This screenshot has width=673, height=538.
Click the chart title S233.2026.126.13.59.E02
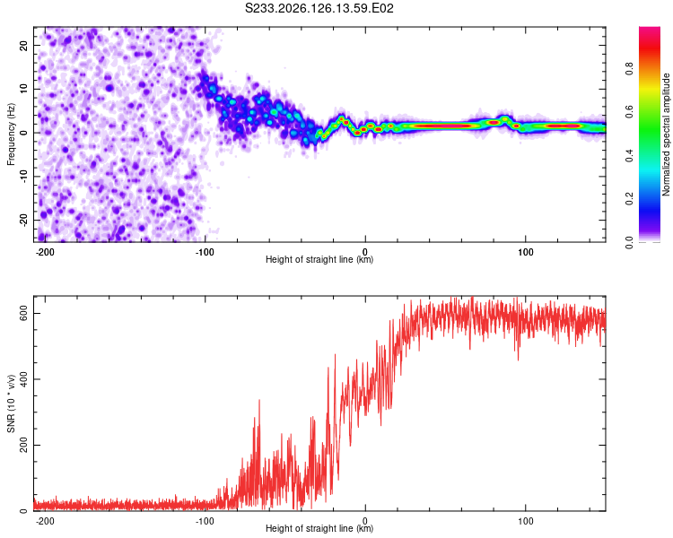click(319, 8)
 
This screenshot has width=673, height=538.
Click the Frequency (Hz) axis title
click(11, 134)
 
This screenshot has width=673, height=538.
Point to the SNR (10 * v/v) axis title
click(11, 403)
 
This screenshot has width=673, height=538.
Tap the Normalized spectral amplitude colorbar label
click(666, 134)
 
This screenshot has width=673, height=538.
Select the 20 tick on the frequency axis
click(23, 45)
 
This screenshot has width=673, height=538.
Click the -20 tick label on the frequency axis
click(23, 221)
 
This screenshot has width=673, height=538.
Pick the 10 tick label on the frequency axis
click(23, 89)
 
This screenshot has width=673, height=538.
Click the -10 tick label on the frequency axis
click(23, 177)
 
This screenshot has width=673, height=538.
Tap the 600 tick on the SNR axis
click(23, 314)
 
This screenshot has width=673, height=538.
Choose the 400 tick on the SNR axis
click(23, 379)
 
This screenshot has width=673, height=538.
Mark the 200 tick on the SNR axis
click(23, 446)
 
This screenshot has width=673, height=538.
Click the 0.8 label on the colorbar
click(629, 69)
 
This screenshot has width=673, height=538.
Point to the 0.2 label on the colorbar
click(629, 199)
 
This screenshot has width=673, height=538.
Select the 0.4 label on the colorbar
click(629, 156)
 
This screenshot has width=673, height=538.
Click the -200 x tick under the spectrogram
click(45, 252)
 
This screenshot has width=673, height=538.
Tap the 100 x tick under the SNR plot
click(525, 521)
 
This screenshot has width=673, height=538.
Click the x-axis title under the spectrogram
click(319, 259)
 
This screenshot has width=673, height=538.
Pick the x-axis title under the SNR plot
click(319, 528)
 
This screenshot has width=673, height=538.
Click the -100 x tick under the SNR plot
click(205, 521)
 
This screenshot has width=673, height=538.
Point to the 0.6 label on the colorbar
click(629, 112)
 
